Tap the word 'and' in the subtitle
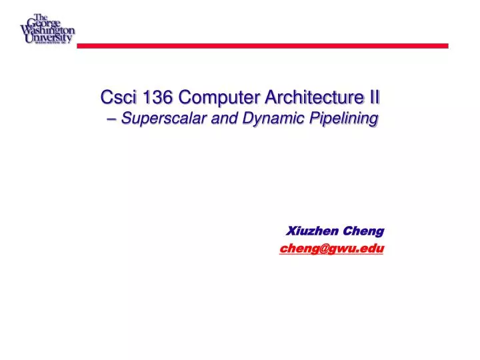221,119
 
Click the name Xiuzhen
313,231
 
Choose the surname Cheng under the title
363,231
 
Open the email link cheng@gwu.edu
332,248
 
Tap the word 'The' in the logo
41,16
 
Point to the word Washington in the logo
48,30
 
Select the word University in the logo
47,38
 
